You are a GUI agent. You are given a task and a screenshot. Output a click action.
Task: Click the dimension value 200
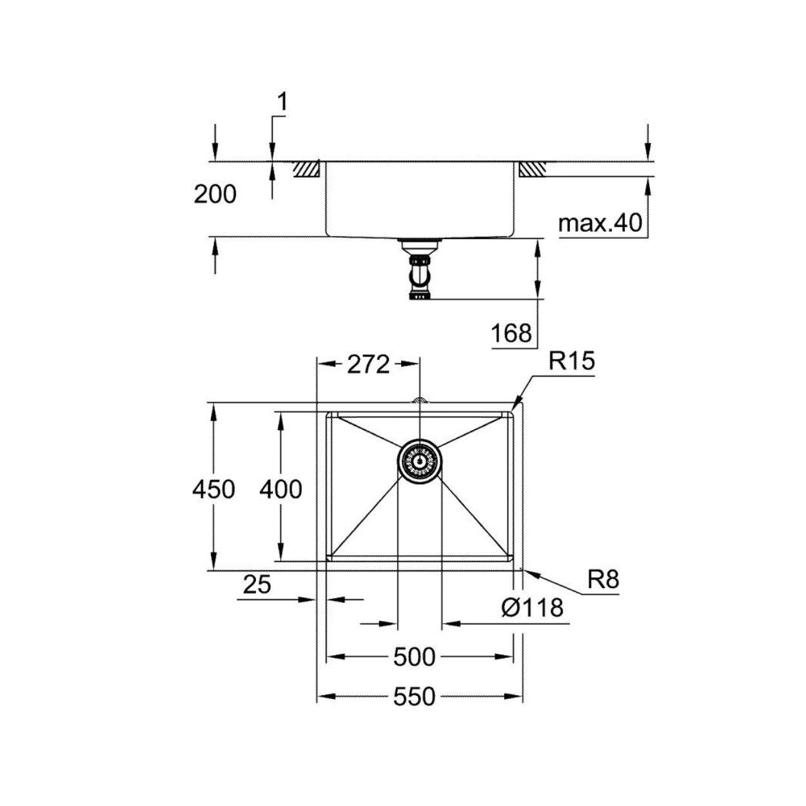point(215,195)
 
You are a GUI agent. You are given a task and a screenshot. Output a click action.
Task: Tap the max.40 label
point(600,223)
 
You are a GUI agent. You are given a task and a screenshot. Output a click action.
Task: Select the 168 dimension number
point(511,333)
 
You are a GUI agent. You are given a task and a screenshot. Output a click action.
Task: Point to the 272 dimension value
point(368,364)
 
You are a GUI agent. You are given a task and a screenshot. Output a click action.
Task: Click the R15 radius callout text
point(571,361)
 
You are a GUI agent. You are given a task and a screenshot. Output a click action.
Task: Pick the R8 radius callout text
point(604,580)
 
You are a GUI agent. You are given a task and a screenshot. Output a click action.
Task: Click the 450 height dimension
point(213,489)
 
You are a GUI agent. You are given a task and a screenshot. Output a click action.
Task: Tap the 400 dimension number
point(280,489)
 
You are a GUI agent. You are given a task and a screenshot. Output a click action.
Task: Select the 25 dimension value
point(257,584)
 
